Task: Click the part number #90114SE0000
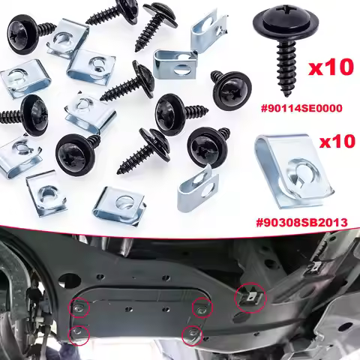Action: (x=302, y=107)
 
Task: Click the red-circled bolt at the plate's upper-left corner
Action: (x=80, y=307)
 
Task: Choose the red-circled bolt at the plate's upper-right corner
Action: (x=201, y=306)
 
